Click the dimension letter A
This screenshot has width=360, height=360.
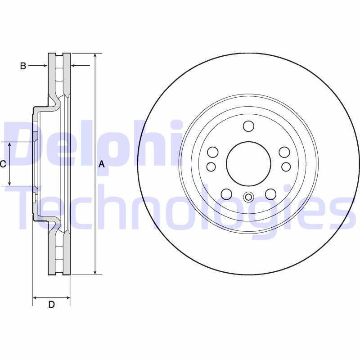pos(102,164)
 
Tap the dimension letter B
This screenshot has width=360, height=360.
pos(23,66)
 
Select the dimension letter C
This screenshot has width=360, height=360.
pos(3,164)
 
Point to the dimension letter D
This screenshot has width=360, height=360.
pos(51,305)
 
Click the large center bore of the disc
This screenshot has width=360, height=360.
pos(248,164)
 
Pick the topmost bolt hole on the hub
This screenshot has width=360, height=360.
pos(248,126)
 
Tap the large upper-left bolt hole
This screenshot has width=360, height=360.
pos(213,152)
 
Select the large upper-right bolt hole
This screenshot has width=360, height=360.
pos(284,152)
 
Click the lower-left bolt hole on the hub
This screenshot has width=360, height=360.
pos(226,194)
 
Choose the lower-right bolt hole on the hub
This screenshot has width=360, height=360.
pos(270,194)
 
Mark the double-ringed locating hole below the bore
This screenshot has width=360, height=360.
pos(248,197)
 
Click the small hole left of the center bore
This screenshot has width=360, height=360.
pos(211,167)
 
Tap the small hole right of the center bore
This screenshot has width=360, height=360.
pos(286,167)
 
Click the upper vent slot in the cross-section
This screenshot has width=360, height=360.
pos(59,74)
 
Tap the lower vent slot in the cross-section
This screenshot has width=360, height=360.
pos(59,253)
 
